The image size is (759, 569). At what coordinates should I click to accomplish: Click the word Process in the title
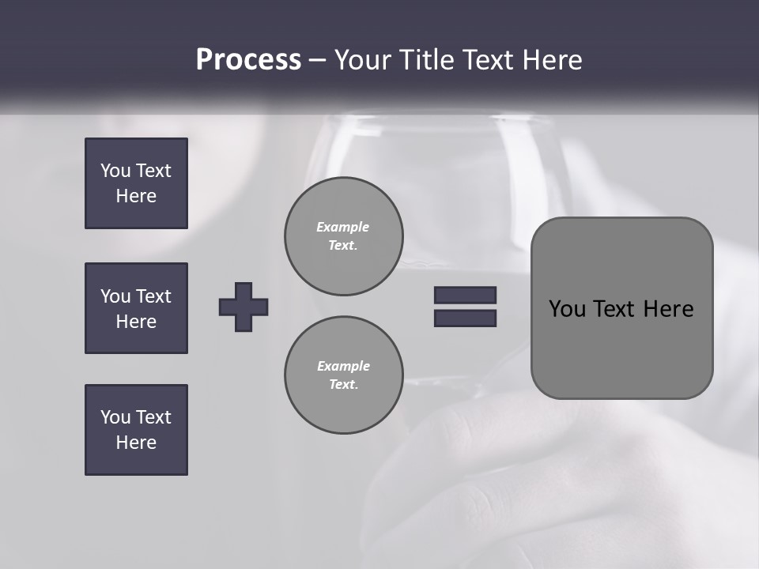coord(248,60)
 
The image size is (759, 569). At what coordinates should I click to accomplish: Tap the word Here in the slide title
coord(551,60)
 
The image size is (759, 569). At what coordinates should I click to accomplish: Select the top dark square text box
coord(136,183)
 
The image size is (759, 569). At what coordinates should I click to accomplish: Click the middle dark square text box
coord(136,308)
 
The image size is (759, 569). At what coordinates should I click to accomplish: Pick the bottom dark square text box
coord(136,429)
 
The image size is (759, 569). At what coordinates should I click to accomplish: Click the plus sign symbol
coord(244,307)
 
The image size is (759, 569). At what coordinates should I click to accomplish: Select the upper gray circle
coord(343,236)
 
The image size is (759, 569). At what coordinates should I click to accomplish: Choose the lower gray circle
coord(343,375)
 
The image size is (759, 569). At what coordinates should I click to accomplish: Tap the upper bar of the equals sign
coord(465,295)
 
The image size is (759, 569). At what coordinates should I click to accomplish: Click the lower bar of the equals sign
coord(465,318)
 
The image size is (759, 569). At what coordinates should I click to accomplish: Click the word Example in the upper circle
coord(343,227)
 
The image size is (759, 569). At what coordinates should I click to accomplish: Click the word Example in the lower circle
coord(343,366)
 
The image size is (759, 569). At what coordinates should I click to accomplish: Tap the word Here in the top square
coord(136,196)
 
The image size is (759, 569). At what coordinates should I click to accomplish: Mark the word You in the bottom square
coord(115,416)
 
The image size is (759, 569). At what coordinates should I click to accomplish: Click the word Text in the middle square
coord(153,296)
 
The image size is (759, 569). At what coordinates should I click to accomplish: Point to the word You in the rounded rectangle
coord(567,309)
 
